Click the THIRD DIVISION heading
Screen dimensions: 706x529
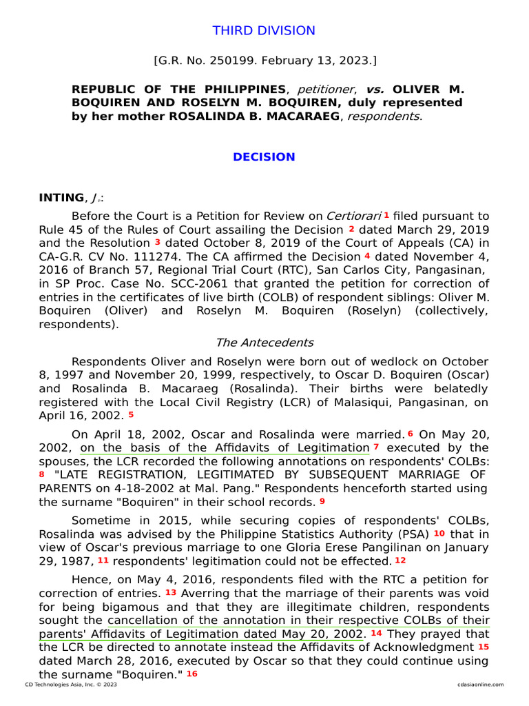(264, 31)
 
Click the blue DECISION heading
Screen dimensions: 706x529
(264, 157)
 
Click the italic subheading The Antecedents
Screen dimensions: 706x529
(264, 343)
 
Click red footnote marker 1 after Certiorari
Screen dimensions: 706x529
(386, 215)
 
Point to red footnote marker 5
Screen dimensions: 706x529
(131, 415)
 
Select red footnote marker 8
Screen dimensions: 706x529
(42, 474)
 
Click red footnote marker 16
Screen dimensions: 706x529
(191, 673)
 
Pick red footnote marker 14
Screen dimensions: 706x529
(376, 632)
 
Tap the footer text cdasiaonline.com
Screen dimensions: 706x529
(480, 685)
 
